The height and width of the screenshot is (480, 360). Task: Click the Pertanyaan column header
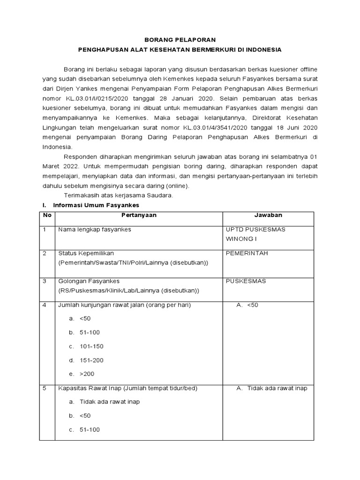pos(139,215)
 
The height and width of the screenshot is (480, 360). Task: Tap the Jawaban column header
pos(268,215)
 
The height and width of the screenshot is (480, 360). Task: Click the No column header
pos(47,215)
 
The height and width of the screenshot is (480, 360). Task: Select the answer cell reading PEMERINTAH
pos(247,253)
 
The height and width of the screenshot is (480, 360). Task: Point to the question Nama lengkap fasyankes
pos(95,230)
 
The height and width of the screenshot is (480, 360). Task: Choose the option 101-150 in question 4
pos(91,346)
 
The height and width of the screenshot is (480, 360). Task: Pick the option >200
pos(87,374)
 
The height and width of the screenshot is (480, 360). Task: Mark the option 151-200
pos(91,360)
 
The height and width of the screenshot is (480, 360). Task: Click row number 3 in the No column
pos(45,281)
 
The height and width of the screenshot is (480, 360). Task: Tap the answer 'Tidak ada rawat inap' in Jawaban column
pos(277,388)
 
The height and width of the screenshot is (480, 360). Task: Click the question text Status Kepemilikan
pos(86,253)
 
